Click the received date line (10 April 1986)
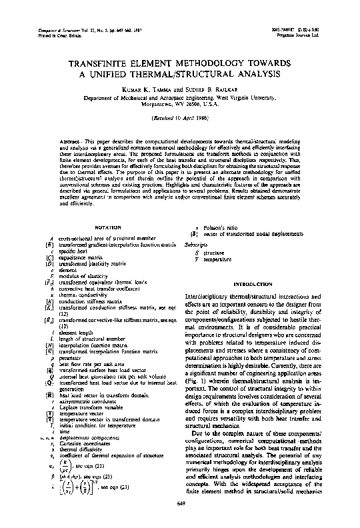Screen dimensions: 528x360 (180, 117)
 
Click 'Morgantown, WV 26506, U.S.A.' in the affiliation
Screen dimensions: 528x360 (180, 104)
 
